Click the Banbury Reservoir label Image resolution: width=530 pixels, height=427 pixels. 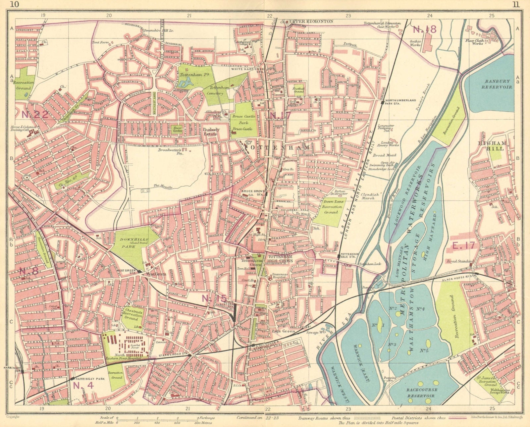(490, 84)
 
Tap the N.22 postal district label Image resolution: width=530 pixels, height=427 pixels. (35, 115)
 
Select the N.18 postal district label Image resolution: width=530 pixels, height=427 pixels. (425, 29)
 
